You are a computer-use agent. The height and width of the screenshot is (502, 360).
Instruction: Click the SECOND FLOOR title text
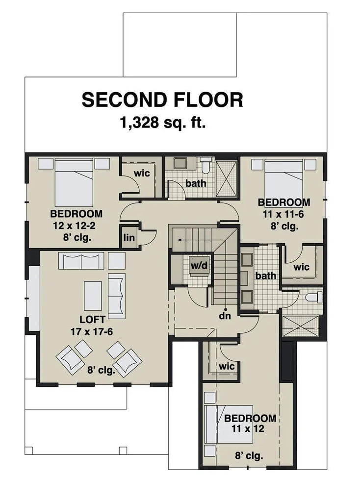[x=162, y=100]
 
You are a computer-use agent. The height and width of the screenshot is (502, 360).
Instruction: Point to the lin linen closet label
[x=129, y=237]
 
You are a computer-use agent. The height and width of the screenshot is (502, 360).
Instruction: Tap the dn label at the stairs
[x=225, y=316]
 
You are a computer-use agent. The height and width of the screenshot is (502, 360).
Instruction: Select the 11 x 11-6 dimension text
[x=284, y=214]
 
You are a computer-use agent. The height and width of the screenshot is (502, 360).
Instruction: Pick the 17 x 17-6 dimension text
[x=91, y=332]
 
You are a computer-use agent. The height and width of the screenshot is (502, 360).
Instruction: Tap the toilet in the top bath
[x=206, y=165]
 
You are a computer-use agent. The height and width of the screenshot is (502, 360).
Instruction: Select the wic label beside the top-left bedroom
[x=142, y=174]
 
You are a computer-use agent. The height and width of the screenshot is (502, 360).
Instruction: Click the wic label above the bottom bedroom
[x=227, y=366]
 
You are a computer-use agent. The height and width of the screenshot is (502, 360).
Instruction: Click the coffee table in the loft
[x=93, y=296]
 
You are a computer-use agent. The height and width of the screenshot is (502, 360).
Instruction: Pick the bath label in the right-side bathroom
[x=265, y=276]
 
